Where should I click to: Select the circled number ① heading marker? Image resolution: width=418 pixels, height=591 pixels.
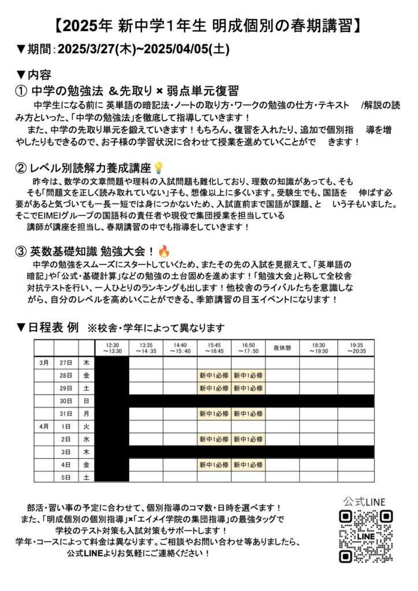pyautogui.click(x=21, y=91)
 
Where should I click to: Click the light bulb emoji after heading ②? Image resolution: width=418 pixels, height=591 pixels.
pyautogui.click(x=159, y=168)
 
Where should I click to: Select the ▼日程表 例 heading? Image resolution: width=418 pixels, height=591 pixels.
pyautogui.click(x=48, y=328)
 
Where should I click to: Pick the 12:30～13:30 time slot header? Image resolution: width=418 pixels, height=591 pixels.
pyautogui.click(x=111, y=347)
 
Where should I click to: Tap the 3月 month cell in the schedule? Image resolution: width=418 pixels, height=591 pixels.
pyautogui.click(x=44, y=362)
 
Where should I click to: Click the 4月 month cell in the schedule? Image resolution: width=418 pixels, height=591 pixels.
pyautogui.click(x=44, y=426)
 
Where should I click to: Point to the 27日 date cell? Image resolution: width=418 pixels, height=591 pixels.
pyautogui.click(x=66, y=362)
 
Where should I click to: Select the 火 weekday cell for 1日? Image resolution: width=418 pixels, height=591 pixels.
pyautogui.click(x=86, y=426)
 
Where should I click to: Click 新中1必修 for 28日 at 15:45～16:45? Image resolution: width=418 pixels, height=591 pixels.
pyautogui.click(x=214, y=375)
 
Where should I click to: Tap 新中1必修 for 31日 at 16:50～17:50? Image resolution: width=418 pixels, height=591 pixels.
pyautogui.click(x=248, y=413)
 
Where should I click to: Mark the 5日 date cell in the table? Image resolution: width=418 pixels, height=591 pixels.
pyautogui.click(x=66, y=477)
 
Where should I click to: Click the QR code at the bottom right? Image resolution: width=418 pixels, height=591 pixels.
pyautogui.click(x=365, y=536)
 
